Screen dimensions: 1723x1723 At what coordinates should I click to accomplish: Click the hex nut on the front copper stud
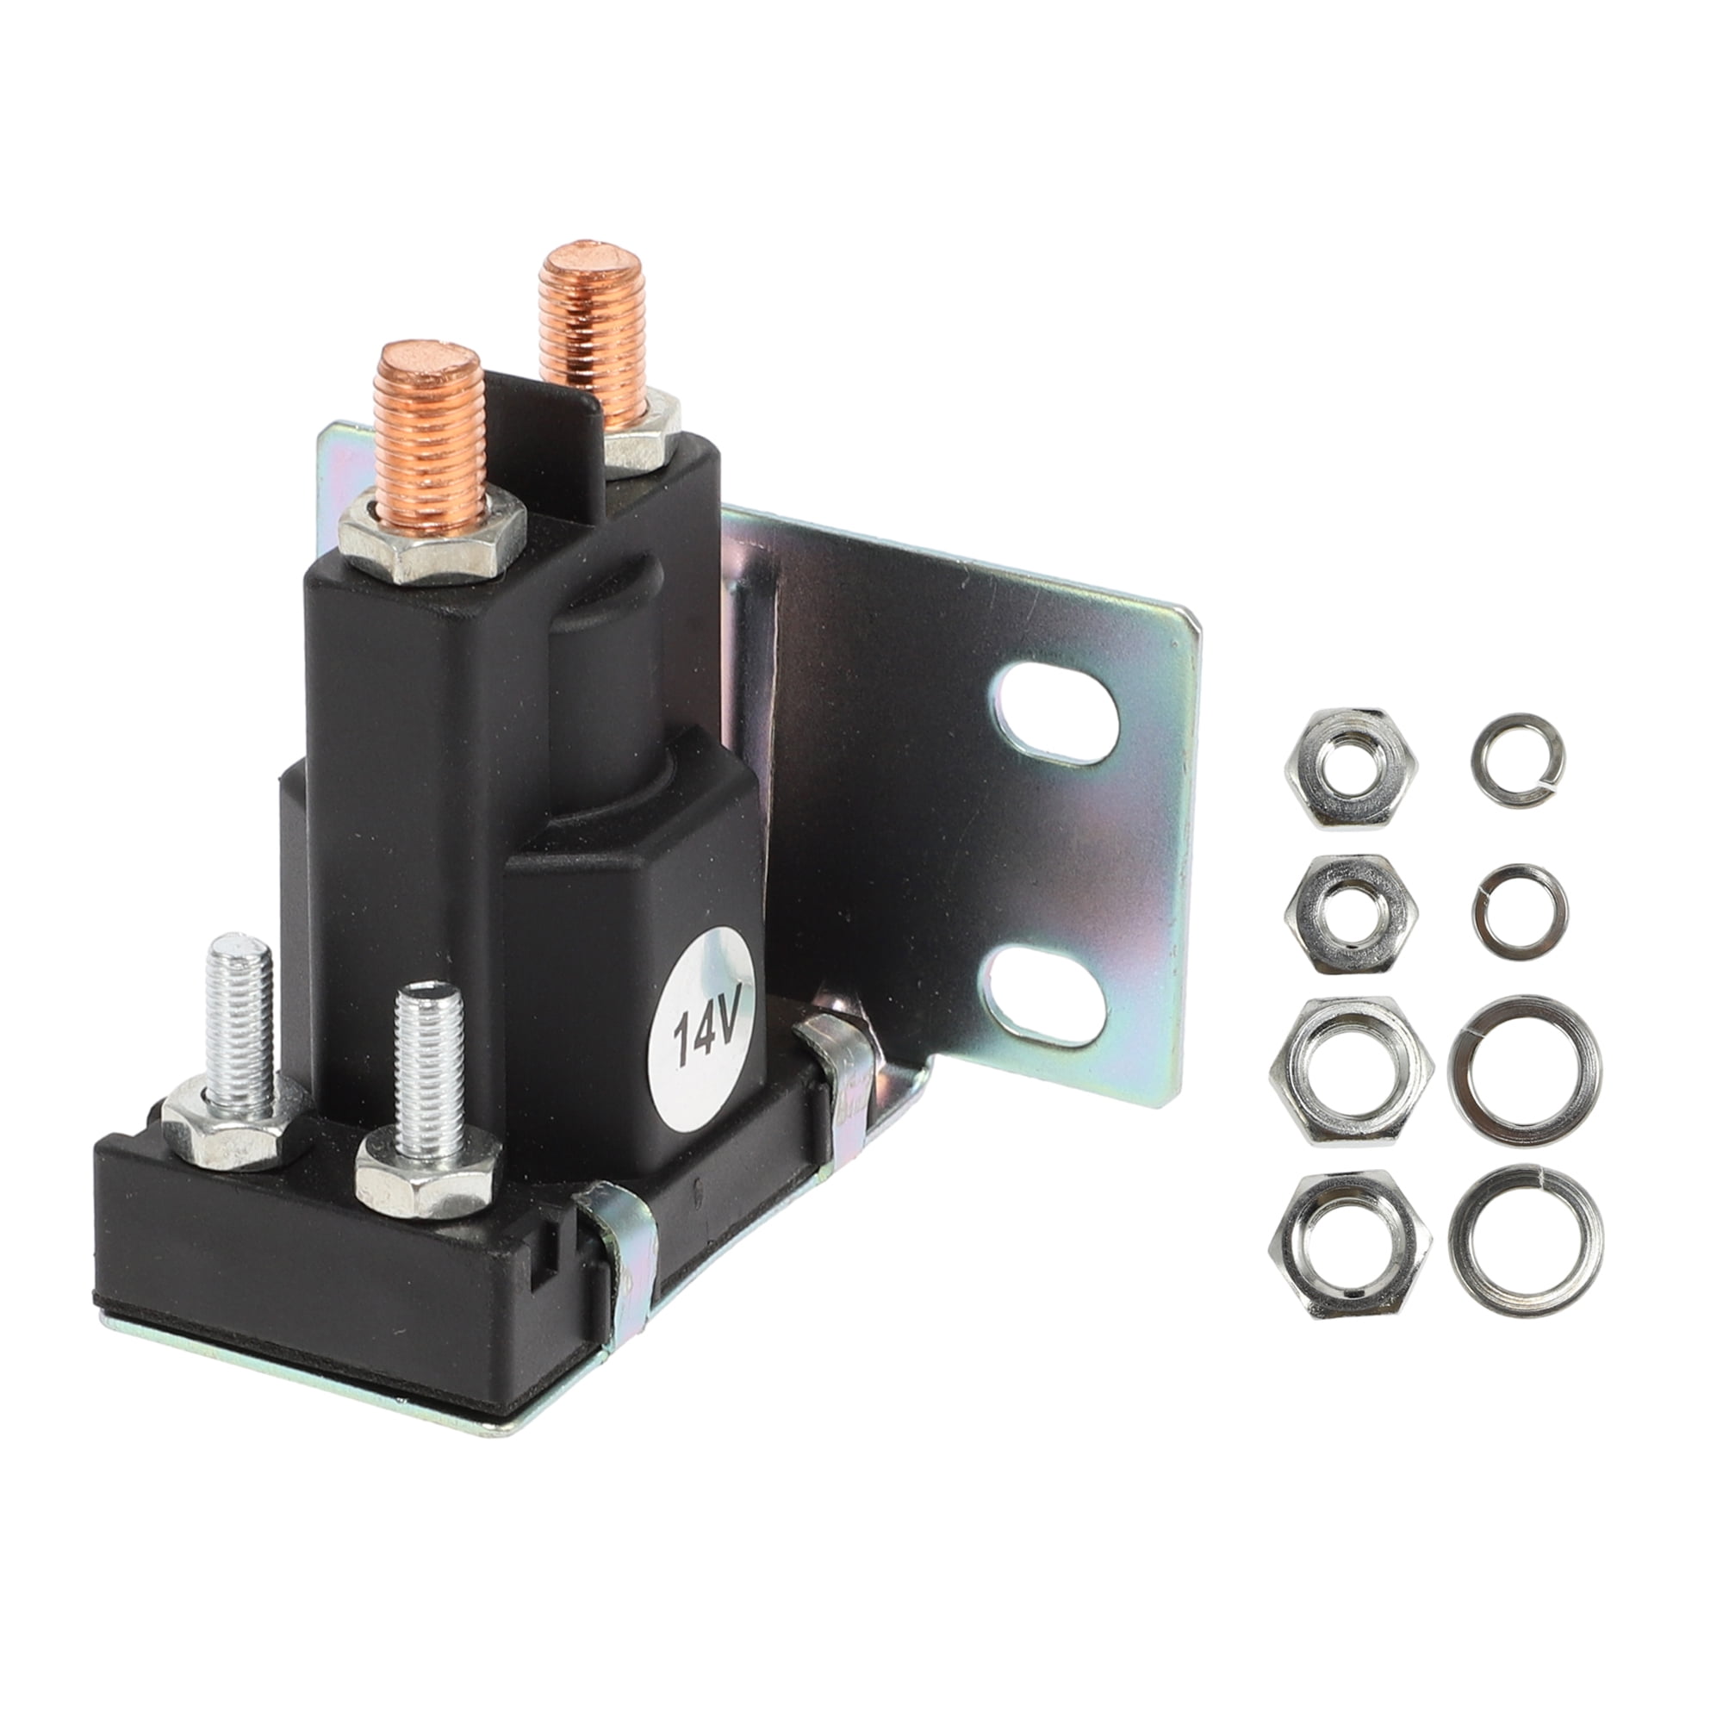434,544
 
